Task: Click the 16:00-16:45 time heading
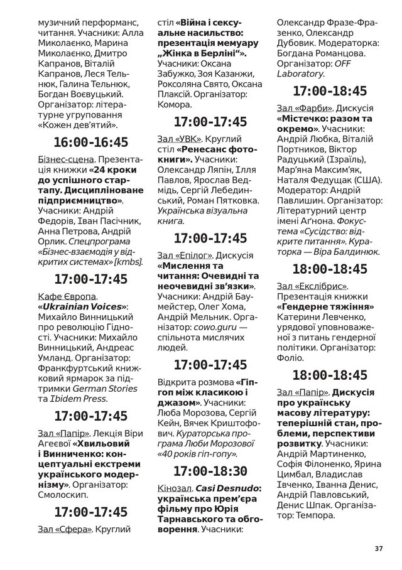(91, 141)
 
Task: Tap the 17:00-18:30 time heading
(210, 471)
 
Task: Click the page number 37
(378, 548)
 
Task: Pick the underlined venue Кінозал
(175, 488)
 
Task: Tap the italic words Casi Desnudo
(224, 488)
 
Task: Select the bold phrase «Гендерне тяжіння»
(325, 308)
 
